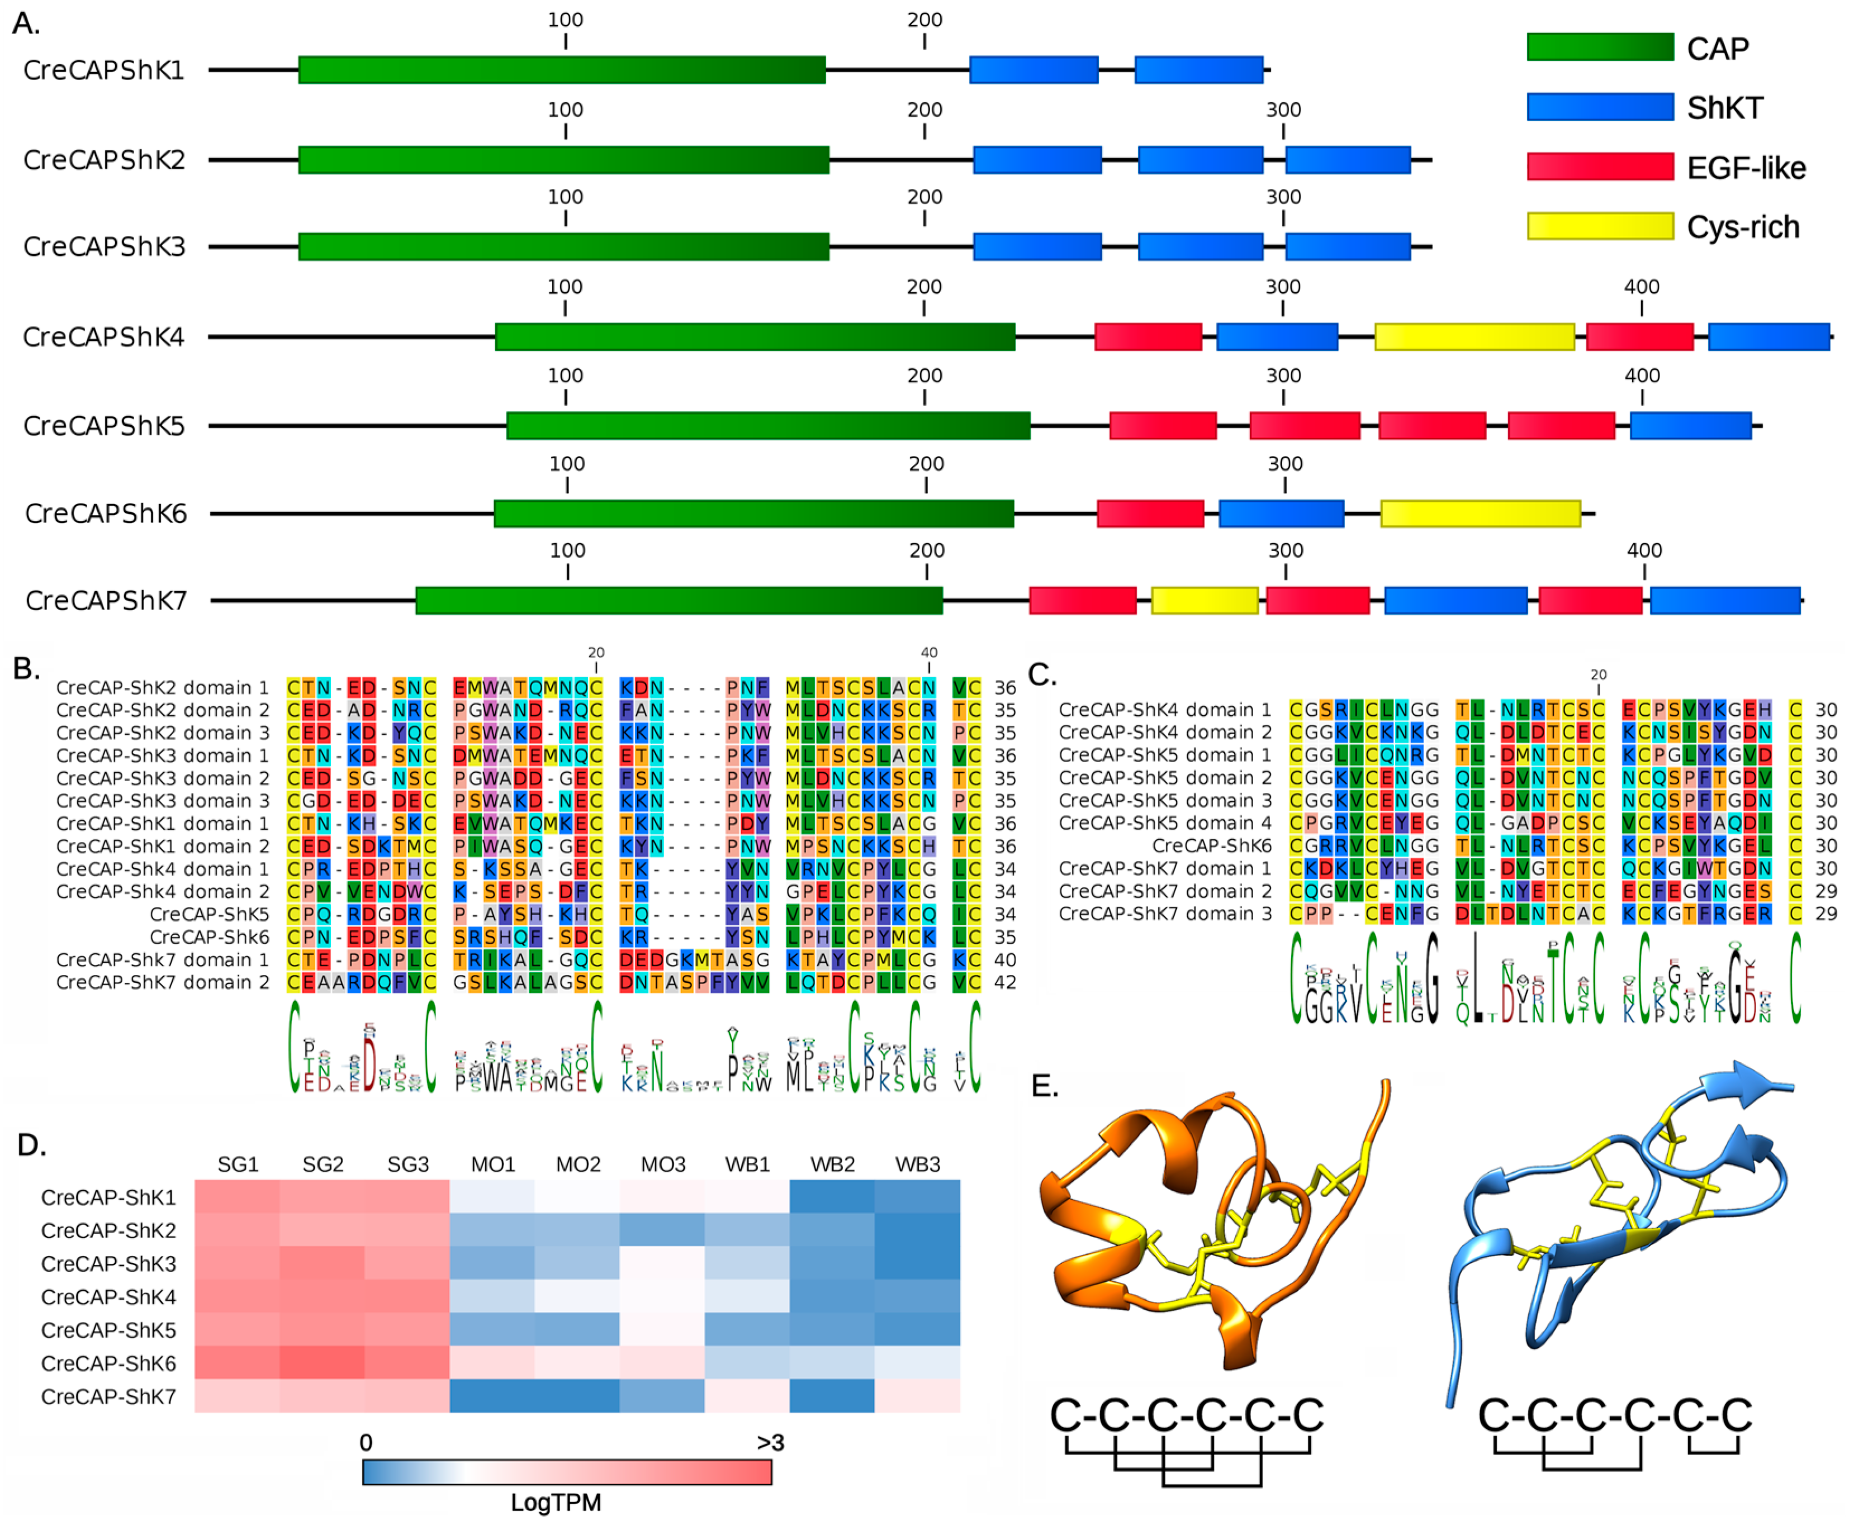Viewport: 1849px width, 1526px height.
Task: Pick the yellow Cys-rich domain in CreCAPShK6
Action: pyautogui.click(x=1480, y=514)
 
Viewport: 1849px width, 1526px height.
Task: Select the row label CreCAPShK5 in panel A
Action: pyautogui.click(x=104, y=426)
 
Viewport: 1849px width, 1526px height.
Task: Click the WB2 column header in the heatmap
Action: pyautogui.click(x=832, y=1164)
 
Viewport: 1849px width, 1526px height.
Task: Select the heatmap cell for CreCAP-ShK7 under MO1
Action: pyautogui.click(x=492, y=1396)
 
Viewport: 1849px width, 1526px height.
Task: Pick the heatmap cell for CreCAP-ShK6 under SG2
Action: pyautogui.click(x=323, y=1362)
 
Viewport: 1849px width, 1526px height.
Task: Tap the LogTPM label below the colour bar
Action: pyautogui.click(x=556, y=1503)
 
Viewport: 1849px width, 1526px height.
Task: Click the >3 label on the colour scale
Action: pyautogui.click(x=770, y=1443)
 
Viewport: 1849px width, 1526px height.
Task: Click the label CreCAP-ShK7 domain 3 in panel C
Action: pyautogui.click(x=1164, y=914)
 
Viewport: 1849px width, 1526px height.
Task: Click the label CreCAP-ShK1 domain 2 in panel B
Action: pyautogui.click(x=163, y=845)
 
